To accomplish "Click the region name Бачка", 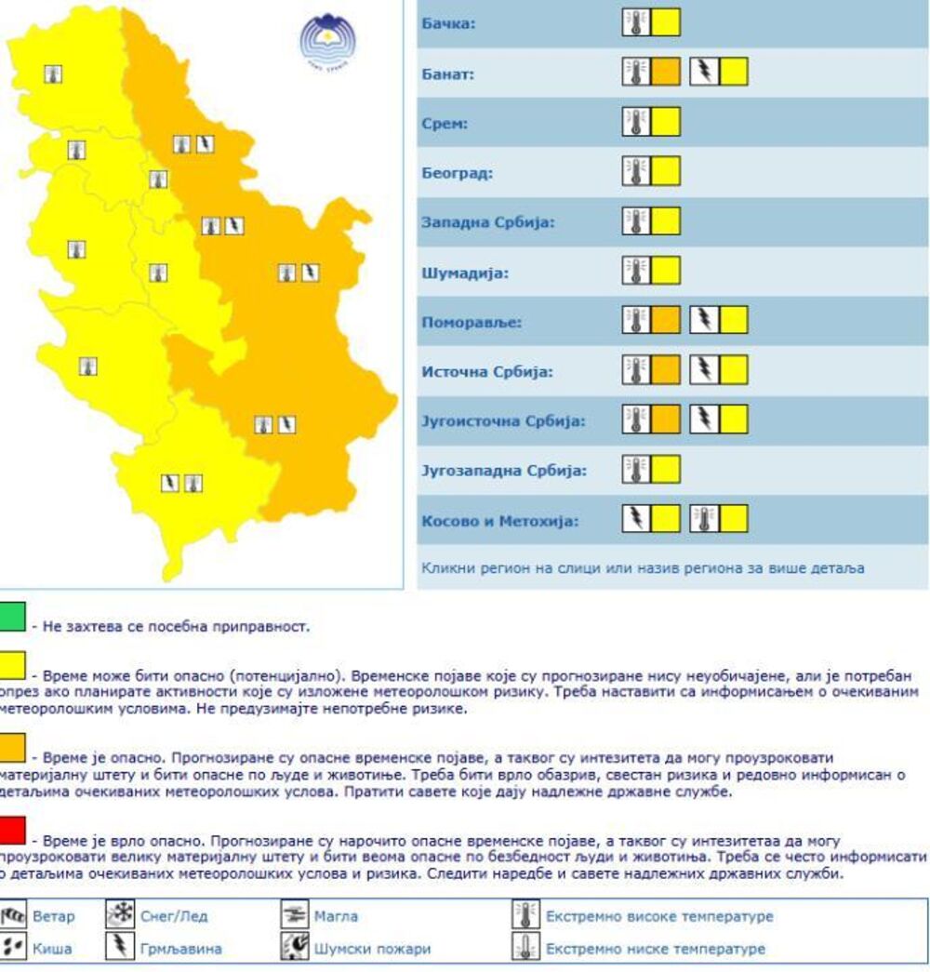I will (448, 23).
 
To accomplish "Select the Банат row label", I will (448, 73).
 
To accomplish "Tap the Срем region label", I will (445, 124).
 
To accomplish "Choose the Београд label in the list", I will (458, 173).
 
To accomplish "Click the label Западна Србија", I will (487, 223).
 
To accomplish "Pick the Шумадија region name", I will (465, 273).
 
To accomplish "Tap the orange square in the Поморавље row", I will (665, 321).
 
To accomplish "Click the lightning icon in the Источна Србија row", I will (704, 370).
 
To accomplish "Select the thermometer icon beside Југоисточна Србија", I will (636, 419).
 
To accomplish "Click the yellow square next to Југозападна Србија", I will (665, 469).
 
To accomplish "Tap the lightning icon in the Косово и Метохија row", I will (636, 519).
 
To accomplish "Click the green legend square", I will (11, 618).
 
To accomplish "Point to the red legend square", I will (11, 828).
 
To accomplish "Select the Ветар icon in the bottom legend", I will (13, 916).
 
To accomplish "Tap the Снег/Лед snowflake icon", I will (121, 915).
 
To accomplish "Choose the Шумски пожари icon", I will (294, 948).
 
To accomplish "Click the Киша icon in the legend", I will (13, 948).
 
